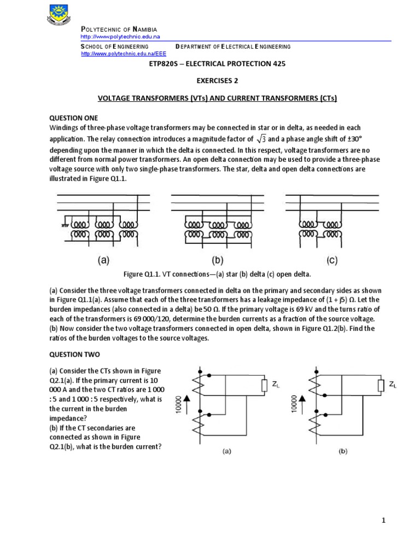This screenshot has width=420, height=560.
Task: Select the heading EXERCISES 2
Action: [217, 80]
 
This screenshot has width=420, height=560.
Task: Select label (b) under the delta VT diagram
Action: [218, 261]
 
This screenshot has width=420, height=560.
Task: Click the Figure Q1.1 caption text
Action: [217, 274]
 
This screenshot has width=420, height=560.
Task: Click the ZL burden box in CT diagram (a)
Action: [264, 386]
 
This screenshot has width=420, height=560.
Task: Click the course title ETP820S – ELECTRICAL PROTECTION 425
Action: [217, 63]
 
